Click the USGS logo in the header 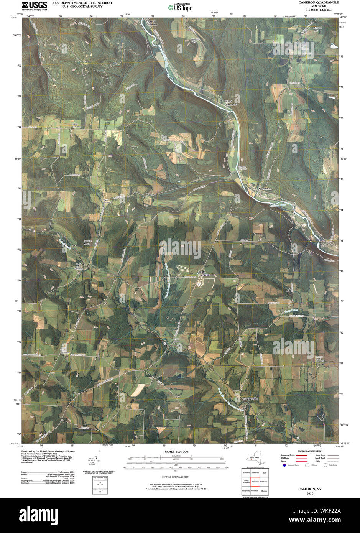(35, 5)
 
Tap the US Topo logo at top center (180, 7)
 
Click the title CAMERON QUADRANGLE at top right (319, 3)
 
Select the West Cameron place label (231, 103)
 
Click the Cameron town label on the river (265, 189)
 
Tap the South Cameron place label (204, 273)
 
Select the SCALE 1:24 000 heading (176, 452)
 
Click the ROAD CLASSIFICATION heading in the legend (310, 451)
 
